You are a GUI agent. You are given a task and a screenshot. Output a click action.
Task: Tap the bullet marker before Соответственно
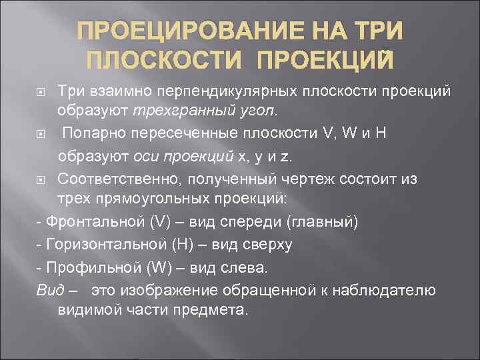click(41, 179)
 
